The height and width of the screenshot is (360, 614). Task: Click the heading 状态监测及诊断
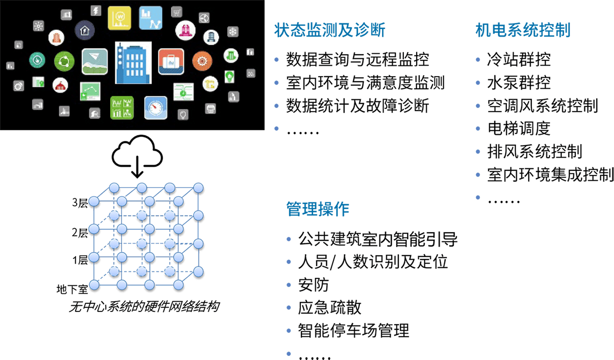[x=330, y=31]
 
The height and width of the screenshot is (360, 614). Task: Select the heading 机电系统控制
[x=523, y=30]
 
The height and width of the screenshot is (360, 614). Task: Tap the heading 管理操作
[x=318, y=209]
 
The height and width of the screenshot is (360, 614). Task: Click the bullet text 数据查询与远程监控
[x=357, y=60]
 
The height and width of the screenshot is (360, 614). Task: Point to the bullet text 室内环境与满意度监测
[x=365, y=83]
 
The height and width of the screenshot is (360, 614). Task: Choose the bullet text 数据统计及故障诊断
[x=357, y=106]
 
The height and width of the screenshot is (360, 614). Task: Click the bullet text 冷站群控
[x=519, y=60]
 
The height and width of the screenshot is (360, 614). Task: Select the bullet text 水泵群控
[x=519, y=83]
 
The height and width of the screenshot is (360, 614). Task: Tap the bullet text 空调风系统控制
[x=542, y=106]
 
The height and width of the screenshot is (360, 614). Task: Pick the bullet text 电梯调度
[x=519, y=129]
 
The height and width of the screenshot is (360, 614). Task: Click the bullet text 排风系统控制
[x=534, y=152]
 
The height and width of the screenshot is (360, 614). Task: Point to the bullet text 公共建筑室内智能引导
[x=378, y=239]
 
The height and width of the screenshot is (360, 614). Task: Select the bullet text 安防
[x=314, y=285]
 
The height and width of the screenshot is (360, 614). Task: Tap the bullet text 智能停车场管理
[x=354, y=331]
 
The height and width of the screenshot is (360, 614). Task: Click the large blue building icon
[x=133, y=62]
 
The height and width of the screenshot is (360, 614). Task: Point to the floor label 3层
[x=80, y=203]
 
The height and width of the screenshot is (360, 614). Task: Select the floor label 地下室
[x=73, y=290]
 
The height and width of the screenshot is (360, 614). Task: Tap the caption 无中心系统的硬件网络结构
[x=144, y=307]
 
